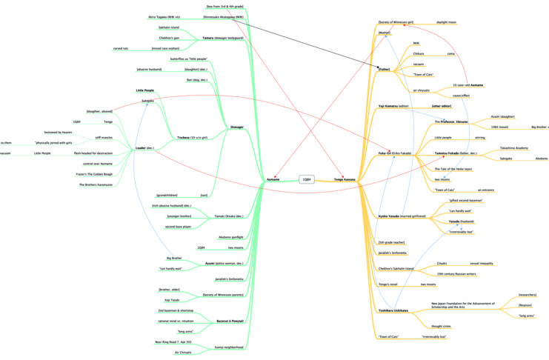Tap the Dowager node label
pyautogui.click(x=236, y=127)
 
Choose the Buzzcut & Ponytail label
pyautogui.click(x=230, y=321)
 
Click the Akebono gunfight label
pyautogui.click(x=230, y=237)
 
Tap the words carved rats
pyautogui.click(x=120, y=48)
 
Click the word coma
pyautogui.click(x=450, y=53)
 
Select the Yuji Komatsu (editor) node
pyautogui.click(x=393, y=106)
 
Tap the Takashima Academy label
pyautogui.click(x=513, y=147)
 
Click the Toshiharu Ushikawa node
pyautogui.click(x=394, y=310)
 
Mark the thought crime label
pyautogui.click(x=442, y=325)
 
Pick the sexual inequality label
pyautogui.click(x=488, y=262)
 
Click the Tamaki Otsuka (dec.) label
pyautogui.click(x=229, y=216)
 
